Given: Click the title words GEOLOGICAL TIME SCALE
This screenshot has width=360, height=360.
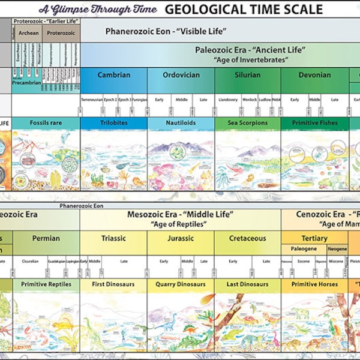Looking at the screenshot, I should (x=243, y=9).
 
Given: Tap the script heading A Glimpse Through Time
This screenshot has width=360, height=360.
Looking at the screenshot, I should (x=98, y=9).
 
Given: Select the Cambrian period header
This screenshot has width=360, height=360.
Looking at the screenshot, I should (x=113, y=75).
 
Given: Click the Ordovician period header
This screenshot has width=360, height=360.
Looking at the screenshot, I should (x=181, y=75).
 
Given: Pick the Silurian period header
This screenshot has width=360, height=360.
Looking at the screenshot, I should (x=247, y=75).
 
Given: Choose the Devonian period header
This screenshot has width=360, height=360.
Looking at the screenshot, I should (x=314, y=75).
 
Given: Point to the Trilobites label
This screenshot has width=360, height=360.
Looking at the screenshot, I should (x=113, y=123).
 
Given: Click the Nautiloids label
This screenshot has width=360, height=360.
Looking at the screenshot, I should (x=181, y=123).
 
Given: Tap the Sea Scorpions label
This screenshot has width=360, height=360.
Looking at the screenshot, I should (x=247, y=123).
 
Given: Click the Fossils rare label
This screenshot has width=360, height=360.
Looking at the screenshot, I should (x=46, y=123).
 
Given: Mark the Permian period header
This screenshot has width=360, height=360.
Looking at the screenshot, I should (x=46, y=238).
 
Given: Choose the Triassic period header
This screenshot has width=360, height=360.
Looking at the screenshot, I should (x=113, y=238).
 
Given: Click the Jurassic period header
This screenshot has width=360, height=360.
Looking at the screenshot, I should (x=181, y=238).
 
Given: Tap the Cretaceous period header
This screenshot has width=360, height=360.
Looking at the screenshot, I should (x=247, y=238).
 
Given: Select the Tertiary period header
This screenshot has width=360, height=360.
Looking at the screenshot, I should (x=314, y=238).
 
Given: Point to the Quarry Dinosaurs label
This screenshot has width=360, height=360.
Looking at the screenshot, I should (x=181, y=284).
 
